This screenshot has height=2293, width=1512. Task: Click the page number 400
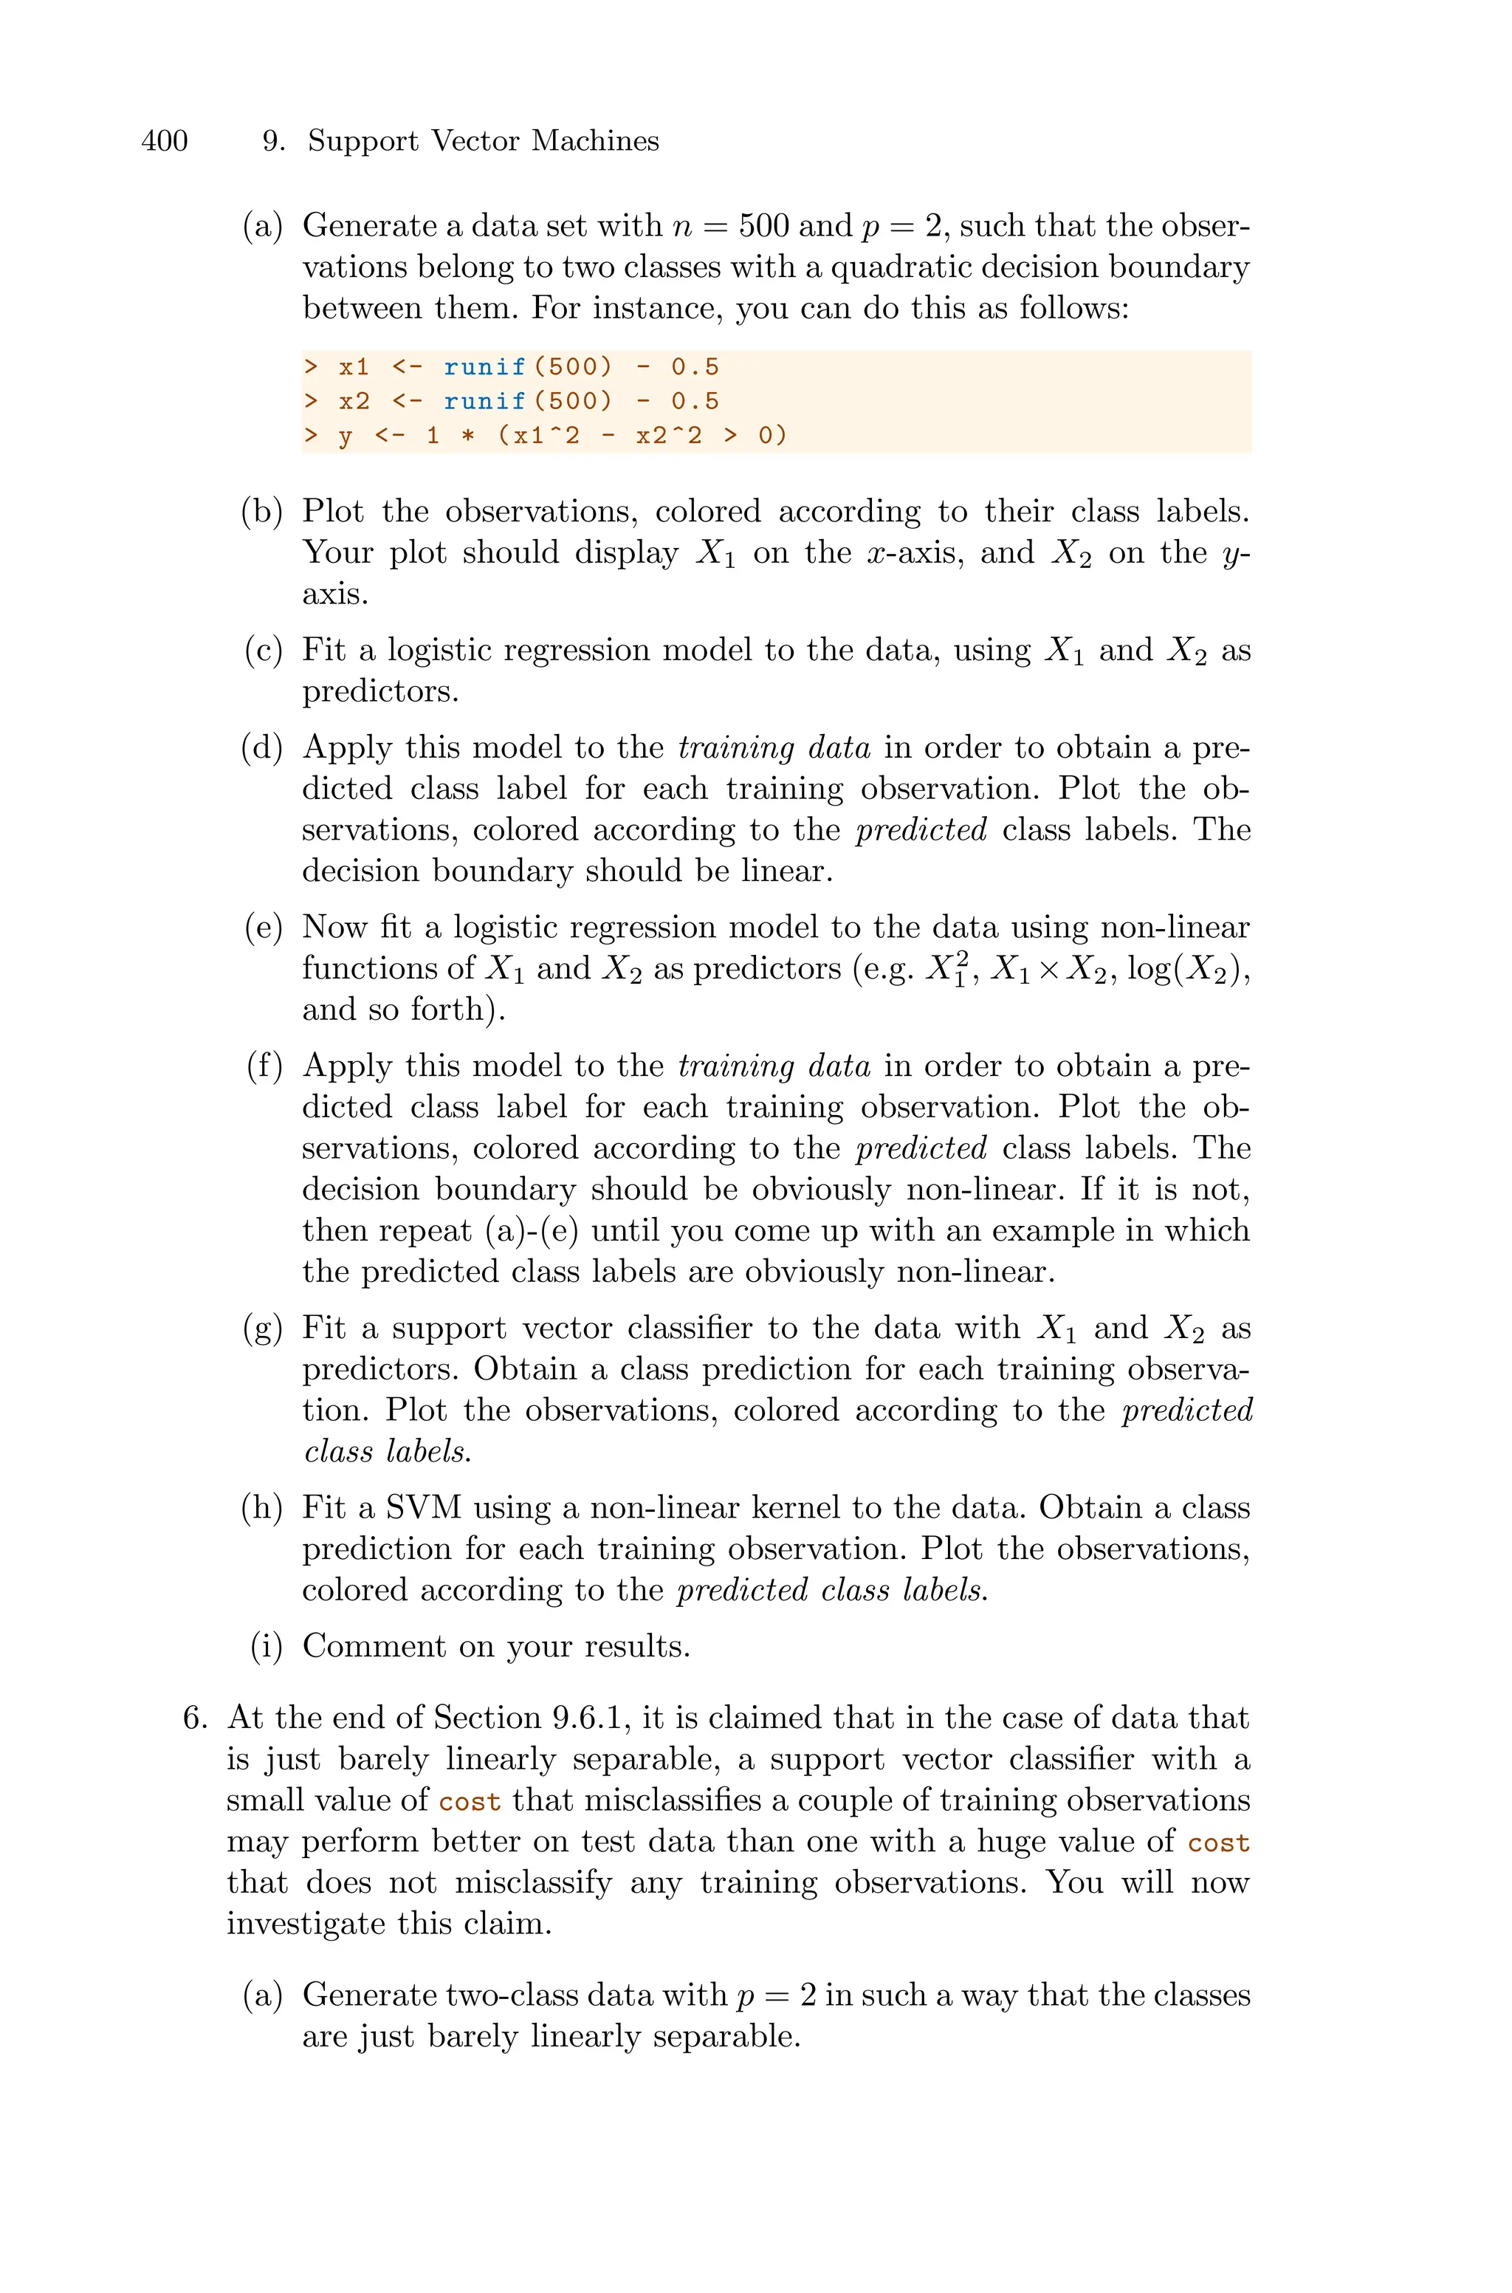click(x=164, y=142)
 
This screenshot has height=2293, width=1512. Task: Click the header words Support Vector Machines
click(x=483, y=142)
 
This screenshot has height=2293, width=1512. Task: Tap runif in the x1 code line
click(x=484, y=367)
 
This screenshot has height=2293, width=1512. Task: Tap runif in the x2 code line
click(x=484, y=401)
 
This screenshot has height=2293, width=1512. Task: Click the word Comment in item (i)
click(x=373, y=1647)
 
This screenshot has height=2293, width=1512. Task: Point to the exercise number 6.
click(x=195, y=1718)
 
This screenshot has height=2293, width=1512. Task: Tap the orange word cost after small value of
click(x=470, y=1802)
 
